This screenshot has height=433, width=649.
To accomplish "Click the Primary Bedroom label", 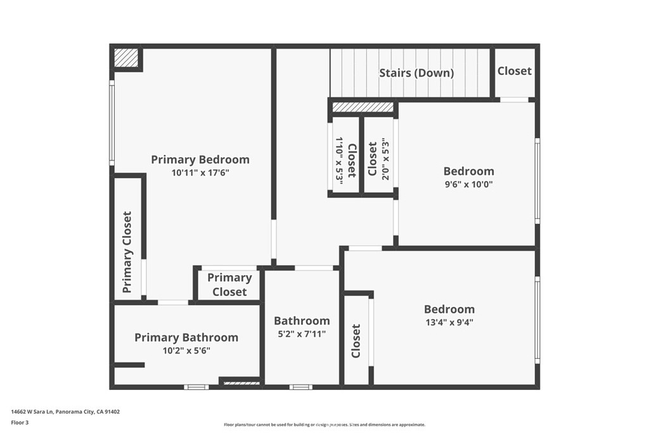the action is [200, 160].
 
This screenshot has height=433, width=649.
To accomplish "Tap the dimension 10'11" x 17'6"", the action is [200, 172].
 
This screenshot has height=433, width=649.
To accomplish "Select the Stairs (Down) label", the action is [416, 74].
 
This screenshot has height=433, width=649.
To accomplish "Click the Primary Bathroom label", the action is [186, 337].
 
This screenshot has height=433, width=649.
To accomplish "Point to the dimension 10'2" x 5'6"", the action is [186, 351].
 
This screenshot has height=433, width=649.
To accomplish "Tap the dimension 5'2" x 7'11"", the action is [302, 333].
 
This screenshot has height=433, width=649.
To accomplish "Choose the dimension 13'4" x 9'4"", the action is [449, 322].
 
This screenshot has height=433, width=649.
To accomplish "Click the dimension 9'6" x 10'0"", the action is [468, 184].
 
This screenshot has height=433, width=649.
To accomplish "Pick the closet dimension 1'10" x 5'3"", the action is [340, 160].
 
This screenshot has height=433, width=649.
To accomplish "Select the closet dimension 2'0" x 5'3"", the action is [385, 159].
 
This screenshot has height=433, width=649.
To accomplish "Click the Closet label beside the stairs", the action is [515, 71].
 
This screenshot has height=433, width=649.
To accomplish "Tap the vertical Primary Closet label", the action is [127, 252].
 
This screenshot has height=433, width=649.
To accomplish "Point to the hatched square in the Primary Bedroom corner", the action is [126, 58].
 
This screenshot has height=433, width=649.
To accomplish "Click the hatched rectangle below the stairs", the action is [363, 107].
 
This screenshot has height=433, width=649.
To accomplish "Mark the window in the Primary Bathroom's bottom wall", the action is [196, 387].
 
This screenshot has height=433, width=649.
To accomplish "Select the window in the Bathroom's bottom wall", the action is [301, 387].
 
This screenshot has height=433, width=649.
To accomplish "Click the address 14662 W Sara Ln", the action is [32, 412].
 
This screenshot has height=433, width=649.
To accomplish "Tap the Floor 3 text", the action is [20, 423].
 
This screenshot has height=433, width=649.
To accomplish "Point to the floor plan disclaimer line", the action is [324, 425].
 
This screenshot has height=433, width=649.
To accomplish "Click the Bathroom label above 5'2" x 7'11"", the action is [302, 321].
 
